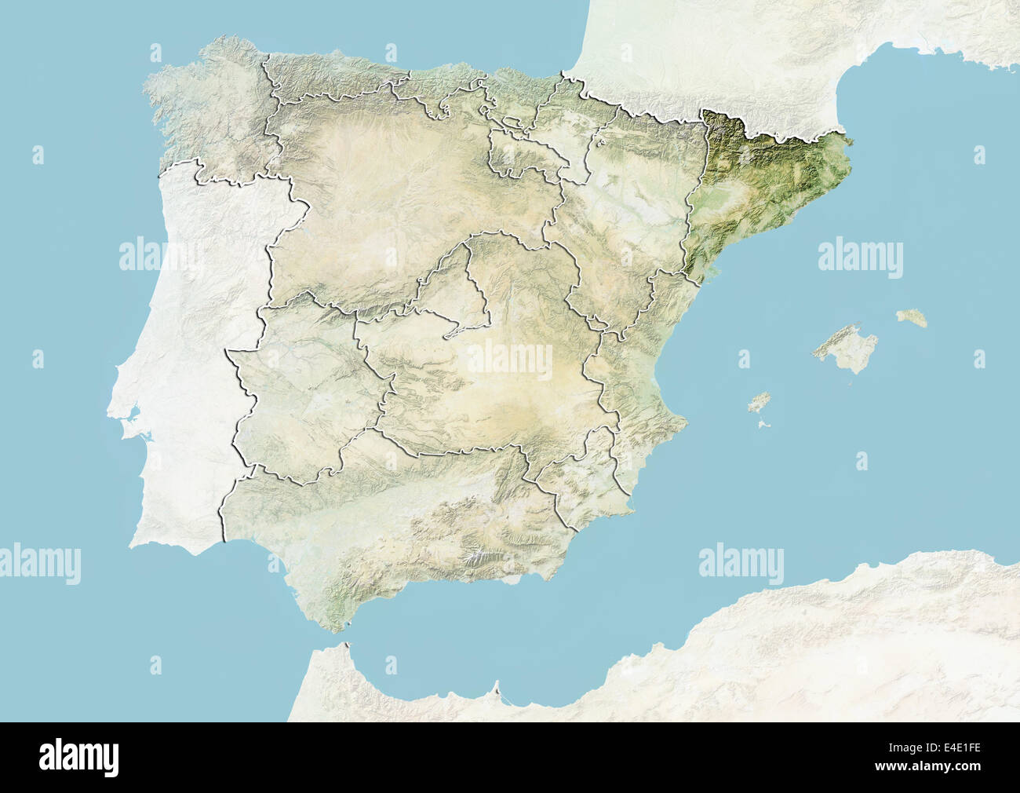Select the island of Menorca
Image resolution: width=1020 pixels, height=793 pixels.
click(913, 317)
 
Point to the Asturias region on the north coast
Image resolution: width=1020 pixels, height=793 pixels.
click(330, 79)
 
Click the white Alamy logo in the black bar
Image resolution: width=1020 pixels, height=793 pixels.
click(78, 757)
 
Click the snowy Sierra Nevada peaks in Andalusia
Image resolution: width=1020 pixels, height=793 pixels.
click(475, 557)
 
